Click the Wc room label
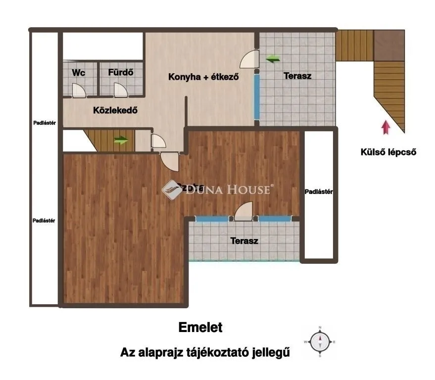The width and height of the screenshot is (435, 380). pos(79,73)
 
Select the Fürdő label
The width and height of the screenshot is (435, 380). pos(121,73)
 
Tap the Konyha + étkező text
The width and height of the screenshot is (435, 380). pos(204,77)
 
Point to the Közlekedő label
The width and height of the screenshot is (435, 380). pos(115,110)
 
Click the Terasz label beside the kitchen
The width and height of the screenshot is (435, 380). pos(297,76)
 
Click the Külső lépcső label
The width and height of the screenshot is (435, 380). pos(388,152)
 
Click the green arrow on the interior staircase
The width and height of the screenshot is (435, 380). pos(121,140)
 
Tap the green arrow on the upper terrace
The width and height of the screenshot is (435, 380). pos(272,59)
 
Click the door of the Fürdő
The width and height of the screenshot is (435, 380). pos(120,90)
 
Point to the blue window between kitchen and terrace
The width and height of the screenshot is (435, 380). pos(257,96)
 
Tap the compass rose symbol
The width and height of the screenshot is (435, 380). pos(320,341)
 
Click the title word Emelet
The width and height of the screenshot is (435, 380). pos(200,328)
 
